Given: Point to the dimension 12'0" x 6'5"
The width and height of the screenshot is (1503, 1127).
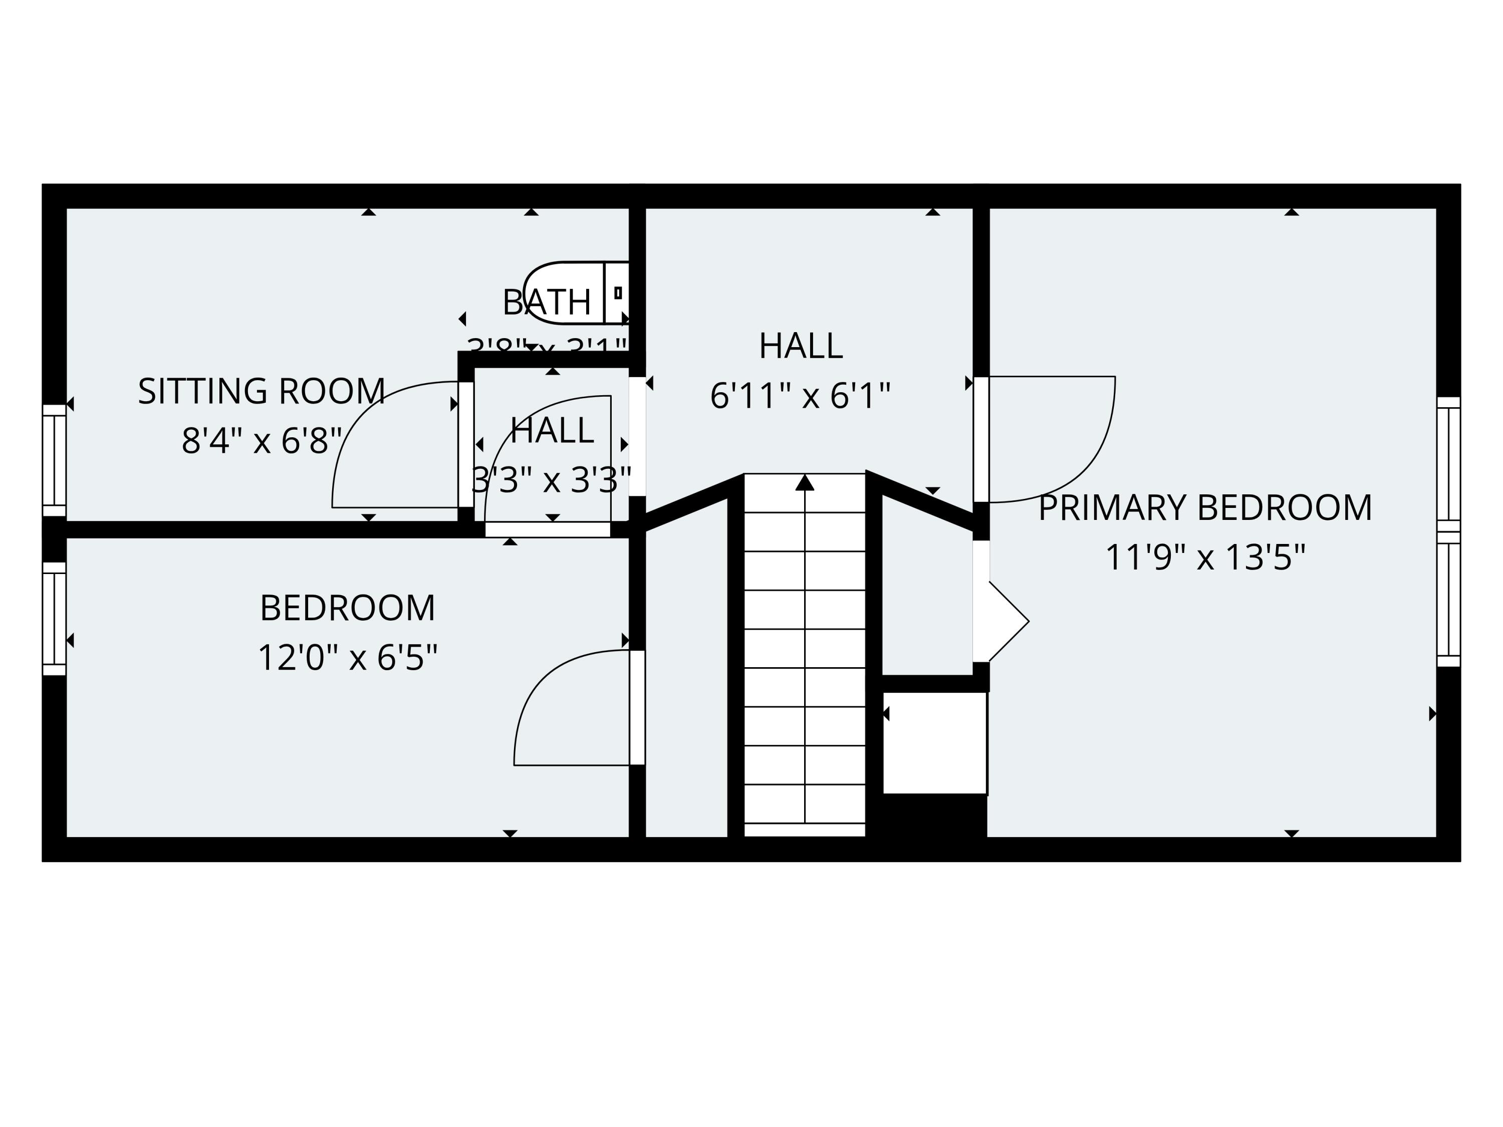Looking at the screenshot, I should tap(347, 658).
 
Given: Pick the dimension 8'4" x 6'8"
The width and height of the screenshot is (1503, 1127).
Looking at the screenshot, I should tap(262, 441).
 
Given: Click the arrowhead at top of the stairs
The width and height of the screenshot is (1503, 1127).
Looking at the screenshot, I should tap(805, 482).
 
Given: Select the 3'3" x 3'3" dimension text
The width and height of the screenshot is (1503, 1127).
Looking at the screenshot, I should tap(551, 480).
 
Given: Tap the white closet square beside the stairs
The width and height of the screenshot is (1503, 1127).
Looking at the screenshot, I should tap(934, 742).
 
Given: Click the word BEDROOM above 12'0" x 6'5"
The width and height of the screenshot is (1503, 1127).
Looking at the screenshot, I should tap(347, 608).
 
